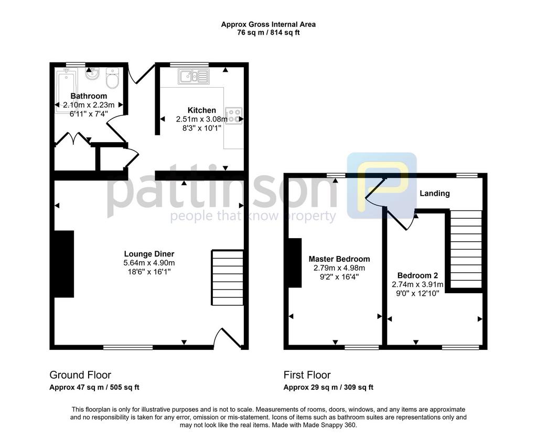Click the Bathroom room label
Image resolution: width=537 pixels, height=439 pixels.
pyautogui.click(x=89, y=96)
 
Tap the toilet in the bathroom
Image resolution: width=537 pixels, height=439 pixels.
pyautogui.click(x=112, y=78)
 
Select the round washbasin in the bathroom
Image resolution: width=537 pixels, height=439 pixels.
pyautogui.click(x=91, y=73)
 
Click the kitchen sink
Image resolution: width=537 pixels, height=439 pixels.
pyautogui.click(x=194, y=77)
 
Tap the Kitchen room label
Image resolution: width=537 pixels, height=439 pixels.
pyautogui.click(x=202, y=110)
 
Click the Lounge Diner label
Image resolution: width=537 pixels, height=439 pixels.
pyautogui.click(x=149, y=254)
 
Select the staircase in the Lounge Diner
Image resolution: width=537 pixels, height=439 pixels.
pyautogui.click(x=228, y=277)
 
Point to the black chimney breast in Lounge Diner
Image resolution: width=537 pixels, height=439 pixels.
pyautogui.click(x=64, y=264)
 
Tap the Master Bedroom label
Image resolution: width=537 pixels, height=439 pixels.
pyautogui.click(x=339, y=259)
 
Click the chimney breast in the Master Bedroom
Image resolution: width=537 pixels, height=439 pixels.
pyautogui.click(x=295, y=263)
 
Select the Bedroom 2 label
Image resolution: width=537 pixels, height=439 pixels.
pyautogui.click(x=417, y=275)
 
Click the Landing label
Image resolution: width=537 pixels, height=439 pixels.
pyautogui.click(x=435, y=193)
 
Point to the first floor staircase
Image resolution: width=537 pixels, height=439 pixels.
pyautogui.click(x=466, y=249)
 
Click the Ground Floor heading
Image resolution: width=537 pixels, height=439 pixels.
pyautogui.click(x=80, y=375)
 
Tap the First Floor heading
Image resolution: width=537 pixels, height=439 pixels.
pyautogui.click(x=307, y=375)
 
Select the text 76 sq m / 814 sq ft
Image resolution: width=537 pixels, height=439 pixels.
pyautogui.click(x=268, y=33)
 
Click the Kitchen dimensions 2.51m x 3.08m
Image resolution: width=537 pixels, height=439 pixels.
pyautogui.click(x=202, y=119)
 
